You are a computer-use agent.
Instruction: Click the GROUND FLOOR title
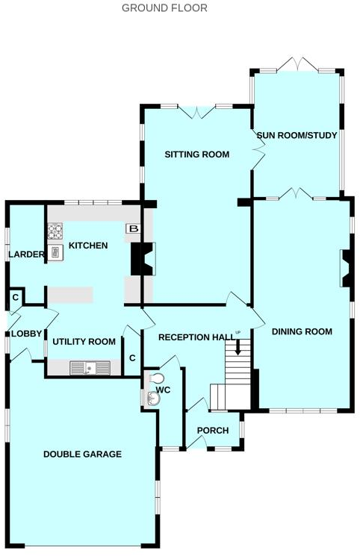pos(164,8)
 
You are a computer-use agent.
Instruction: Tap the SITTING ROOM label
pos(196,154)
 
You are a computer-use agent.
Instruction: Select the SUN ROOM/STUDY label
pos(297,136)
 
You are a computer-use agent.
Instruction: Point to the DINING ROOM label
pos(302,331)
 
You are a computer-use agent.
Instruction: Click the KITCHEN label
pos(88,246)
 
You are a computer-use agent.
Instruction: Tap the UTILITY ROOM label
pos(84,342)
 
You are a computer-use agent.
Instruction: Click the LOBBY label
pos(26,334)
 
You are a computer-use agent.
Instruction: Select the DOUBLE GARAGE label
pos(82,454)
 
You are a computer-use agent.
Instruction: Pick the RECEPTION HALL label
pos(196,337)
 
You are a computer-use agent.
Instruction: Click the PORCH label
pos(212,431)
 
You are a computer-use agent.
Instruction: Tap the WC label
pos(164,390)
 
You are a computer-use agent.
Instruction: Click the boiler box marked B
pos(133,229)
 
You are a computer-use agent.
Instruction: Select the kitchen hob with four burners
pos(56,232)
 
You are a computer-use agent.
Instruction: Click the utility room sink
pos(90,367)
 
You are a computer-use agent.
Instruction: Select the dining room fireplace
pos(347,269)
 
